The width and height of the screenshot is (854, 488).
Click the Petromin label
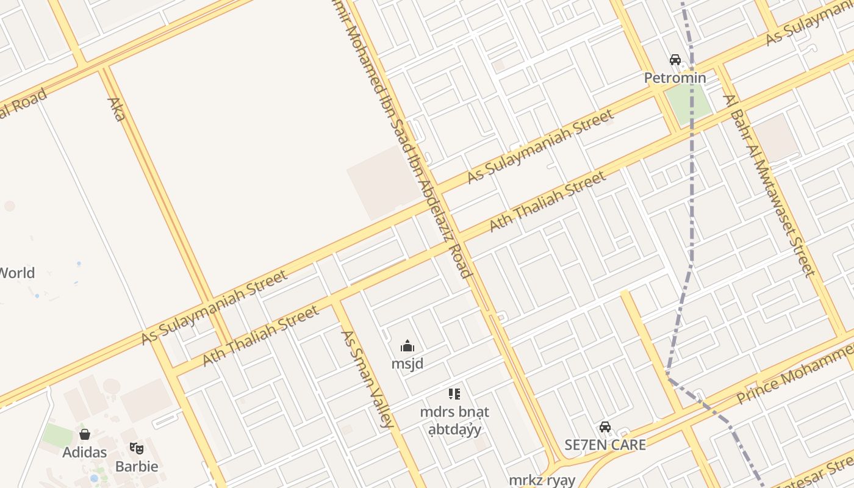pyautogui.click(x=675, y=78)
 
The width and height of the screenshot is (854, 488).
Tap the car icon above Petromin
pyautogui.click(x=675, y=60)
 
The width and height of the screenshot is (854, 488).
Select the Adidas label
pyautogui.click(x=85, y=452)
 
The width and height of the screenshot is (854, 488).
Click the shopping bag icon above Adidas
pyautogui.click(x=85, y=434)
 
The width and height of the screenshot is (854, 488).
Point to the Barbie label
pyautogui.click(x=137, y=467)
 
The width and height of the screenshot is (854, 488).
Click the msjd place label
pyautogui.click(x=407, y=364)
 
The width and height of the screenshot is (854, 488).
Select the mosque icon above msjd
pyautogui.click(x=407, y=346)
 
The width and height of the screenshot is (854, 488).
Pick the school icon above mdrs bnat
pyautogui.click(x=454, y=394)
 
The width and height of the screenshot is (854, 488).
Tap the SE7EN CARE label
pyautogui.click(x=605, y=445)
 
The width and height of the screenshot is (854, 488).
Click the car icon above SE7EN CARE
pyautogui.click(x=605, y=427)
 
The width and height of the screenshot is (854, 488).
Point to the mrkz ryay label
pyautogui.click(x=542, y=480)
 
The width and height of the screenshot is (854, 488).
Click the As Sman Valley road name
pyautogui.click(x=366, y=378)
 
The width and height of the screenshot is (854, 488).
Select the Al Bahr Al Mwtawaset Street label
pyautogui.click(x=769, y=185)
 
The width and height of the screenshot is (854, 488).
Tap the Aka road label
pyautogui.click(x=116, y=109)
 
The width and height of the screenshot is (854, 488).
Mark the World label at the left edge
pyautogui.click(x=16, y=273)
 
